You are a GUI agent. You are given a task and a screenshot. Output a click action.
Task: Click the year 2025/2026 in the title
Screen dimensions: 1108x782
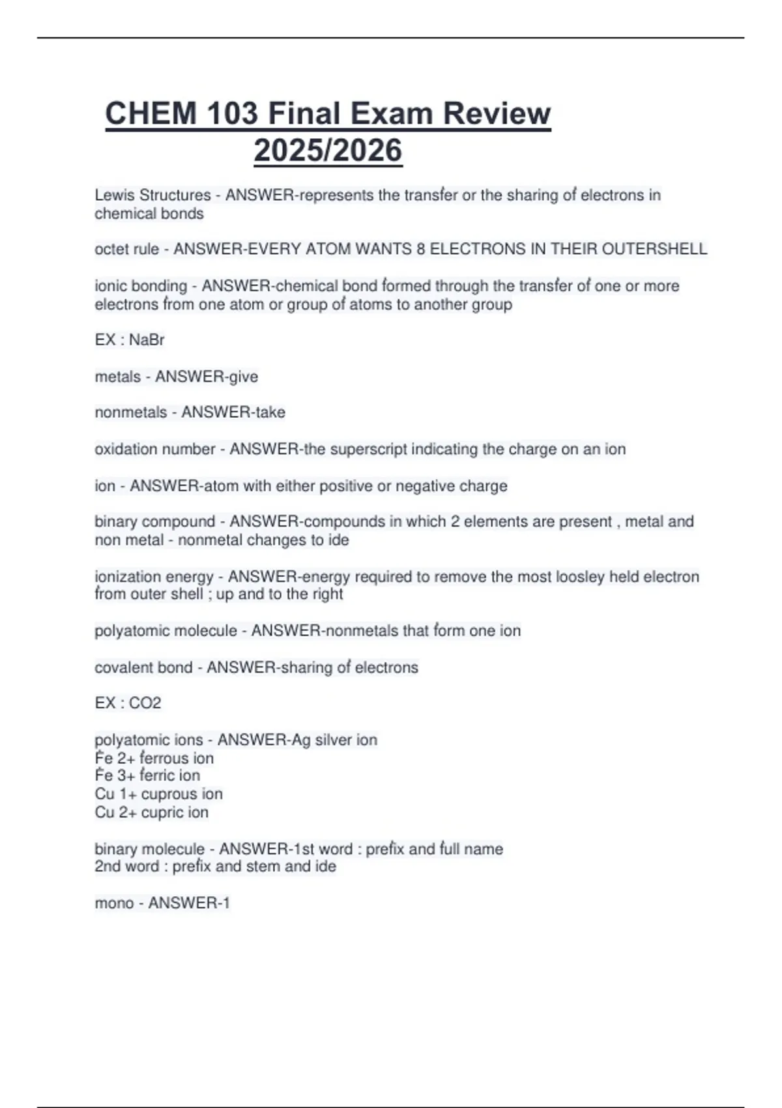328,151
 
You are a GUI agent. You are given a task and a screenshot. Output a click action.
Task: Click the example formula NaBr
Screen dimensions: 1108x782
147,340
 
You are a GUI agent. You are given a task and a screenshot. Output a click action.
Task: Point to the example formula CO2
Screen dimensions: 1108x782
145,703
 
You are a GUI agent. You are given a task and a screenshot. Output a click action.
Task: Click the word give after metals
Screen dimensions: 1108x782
243,377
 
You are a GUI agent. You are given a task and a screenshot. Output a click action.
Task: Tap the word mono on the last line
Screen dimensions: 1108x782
114,903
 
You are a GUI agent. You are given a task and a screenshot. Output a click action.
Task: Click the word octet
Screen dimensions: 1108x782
110,249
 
